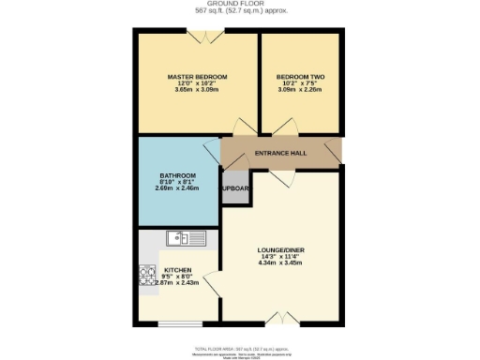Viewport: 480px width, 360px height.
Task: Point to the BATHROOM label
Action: point(177,175)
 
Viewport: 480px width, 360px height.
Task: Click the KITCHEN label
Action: point(178,268)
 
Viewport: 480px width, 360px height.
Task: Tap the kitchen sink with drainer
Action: point(186,238)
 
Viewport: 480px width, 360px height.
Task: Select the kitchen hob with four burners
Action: point(148,275)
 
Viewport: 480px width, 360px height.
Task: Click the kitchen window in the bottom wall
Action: point(179,323)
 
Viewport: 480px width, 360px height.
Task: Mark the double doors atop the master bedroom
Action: point(204,35)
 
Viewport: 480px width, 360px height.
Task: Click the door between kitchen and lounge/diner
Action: point(216,286)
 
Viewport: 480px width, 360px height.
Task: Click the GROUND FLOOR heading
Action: point(240,4)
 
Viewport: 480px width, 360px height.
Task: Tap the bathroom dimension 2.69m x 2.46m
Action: point(177,189)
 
